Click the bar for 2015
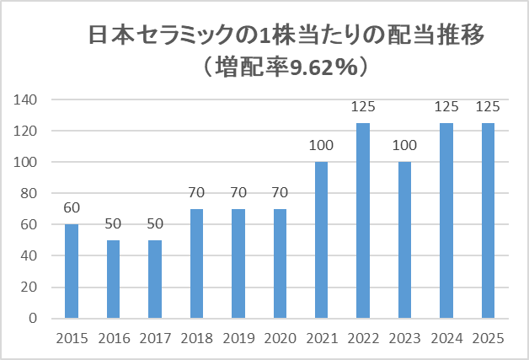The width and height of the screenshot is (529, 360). (x=72, y=271)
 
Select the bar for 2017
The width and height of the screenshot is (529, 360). (x=155, y=279)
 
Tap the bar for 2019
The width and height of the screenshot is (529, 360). (x=238, y=264)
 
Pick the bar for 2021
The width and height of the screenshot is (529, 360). (x=322, y=240)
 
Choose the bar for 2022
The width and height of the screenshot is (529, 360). (x=363, y=221)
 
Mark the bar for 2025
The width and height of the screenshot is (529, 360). (x=489, y=221)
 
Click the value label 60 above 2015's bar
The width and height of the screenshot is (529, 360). (x=72, y=207)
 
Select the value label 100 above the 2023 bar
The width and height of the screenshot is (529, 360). (x=405, y=145)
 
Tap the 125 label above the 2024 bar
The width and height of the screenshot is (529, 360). (x=446, y=106)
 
